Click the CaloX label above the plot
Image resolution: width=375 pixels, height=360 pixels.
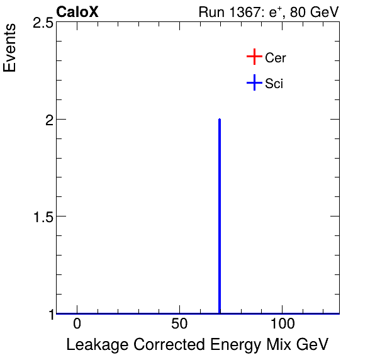[x=77, y=12]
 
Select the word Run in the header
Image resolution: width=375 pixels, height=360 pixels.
[x=210, y=13]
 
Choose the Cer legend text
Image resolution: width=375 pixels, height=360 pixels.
[x=276, y=58]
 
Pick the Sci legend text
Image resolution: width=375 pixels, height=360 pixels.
[x=274, y=83]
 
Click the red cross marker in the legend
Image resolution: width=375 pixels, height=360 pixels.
[x=254, y=57]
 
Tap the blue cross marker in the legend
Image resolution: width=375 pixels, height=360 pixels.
[x=254, y=82]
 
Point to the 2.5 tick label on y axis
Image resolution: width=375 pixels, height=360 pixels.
[x=42, y=23]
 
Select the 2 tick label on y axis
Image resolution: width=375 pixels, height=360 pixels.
[x=48, y=120]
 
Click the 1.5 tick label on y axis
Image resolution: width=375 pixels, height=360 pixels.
[x=42, y=217]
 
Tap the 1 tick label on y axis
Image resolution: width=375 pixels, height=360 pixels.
[x=48, y=313]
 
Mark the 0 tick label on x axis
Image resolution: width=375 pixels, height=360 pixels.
[x=77, y=324]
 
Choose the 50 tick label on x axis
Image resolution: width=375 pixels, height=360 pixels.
[x=179, y=324]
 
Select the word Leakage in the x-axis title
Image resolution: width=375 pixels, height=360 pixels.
[x=92, y=345]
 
